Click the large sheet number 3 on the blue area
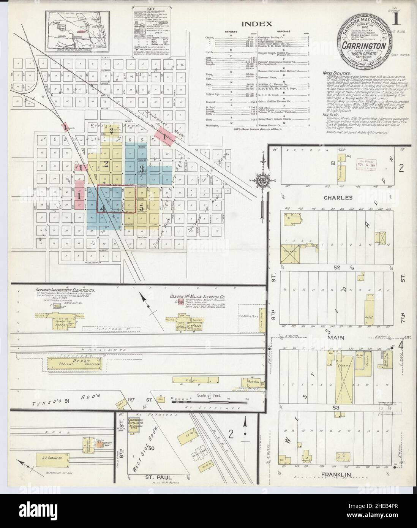[x=142, y=168]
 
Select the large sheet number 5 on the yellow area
[x=141, y=208]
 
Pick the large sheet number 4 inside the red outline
[x=103, y=208]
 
